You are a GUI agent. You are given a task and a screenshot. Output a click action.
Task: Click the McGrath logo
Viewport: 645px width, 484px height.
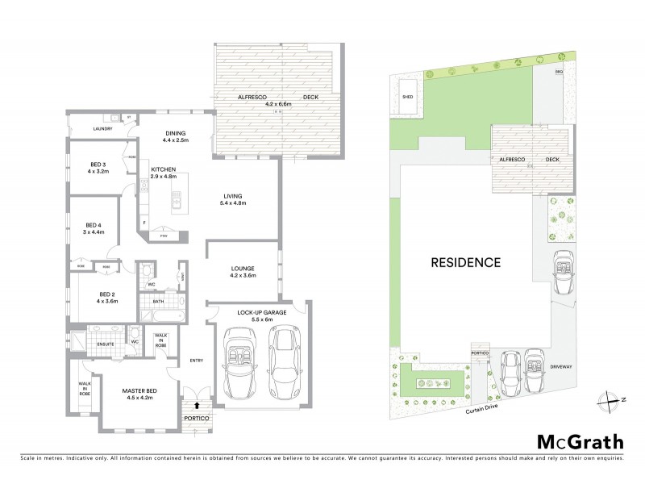(x=579, y=441)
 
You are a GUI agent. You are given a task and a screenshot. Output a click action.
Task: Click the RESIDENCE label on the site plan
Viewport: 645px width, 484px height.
(x=465, y=262)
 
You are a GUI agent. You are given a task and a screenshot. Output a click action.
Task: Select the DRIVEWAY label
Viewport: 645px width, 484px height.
(x=561, y=366)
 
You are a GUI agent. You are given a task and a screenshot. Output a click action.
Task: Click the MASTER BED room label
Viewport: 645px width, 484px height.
(x=139, y=391)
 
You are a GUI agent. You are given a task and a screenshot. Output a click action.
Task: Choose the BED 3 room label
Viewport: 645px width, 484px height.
(x=99, y=164)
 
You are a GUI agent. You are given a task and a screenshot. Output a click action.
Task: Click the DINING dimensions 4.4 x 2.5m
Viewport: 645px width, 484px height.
(x=175, y=141)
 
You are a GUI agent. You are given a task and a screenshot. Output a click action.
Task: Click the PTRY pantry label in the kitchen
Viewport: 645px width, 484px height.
(x=163, y=236)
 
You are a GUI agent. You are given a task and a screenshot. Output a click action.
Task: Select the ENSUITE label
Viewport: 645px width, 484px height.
(x=105, y=344)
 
